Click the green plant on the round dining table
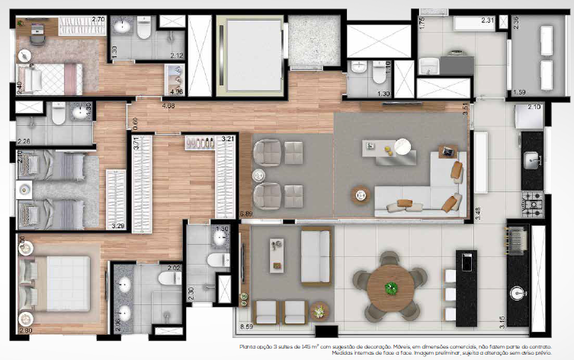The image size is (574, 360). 392,288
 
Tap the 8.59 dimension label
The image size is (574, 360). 246,326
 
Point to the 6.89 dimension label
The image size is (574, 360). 245,215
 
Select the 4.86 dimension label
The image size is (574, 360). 169,105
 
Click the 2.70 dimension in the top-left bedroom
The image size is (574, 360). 98,18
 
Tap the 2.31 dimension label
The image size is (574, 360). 489,21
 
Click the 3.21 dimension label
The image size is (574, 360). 227,139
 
